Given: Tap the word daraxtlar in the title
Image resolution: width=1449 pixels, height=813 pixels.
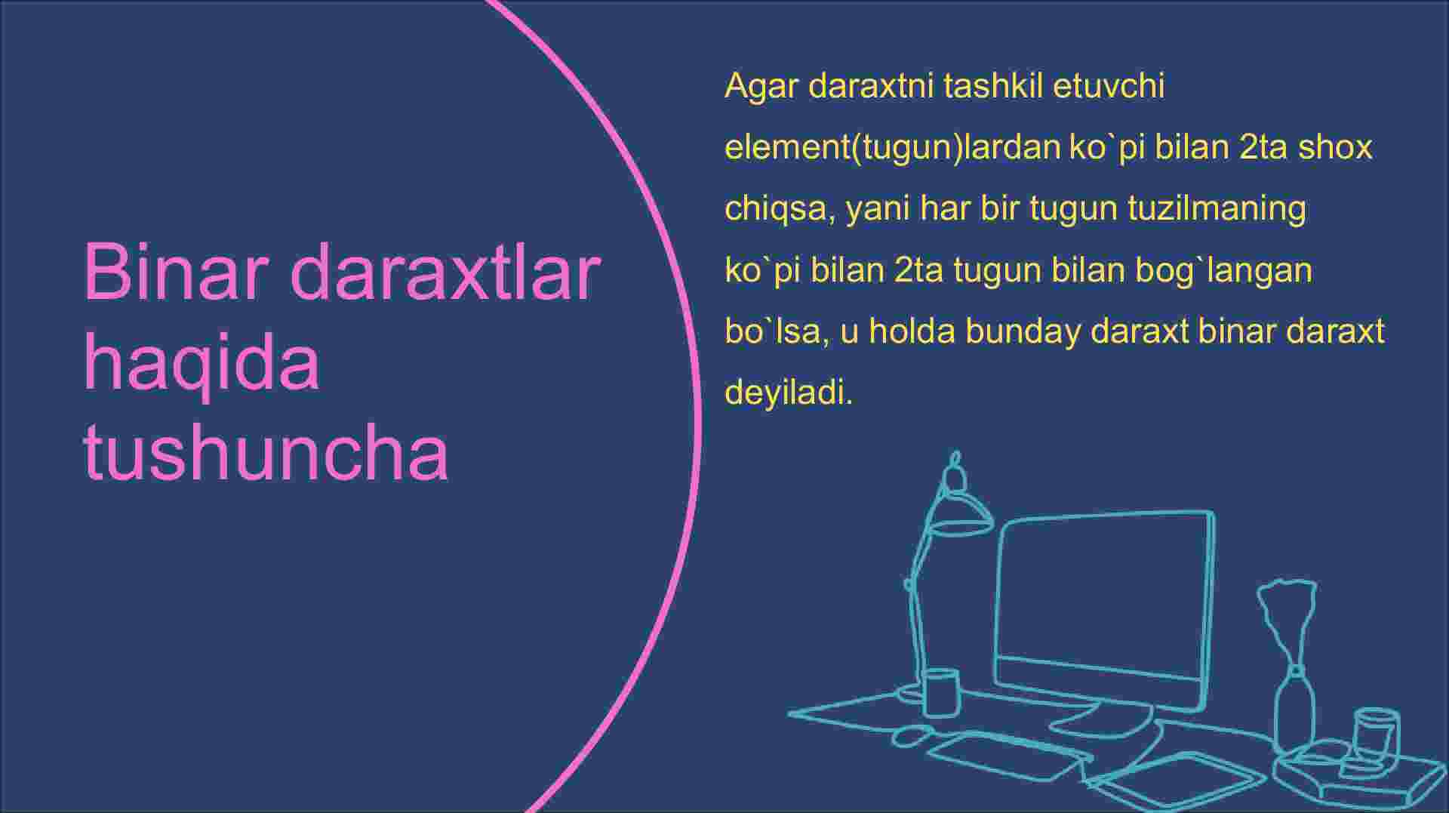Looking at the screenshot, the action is pyautogui.click(x=445, y=271).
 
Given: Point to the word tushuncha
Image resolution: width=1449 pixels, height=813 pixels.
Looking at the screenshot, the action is pyautogui.click(x=266, y=452).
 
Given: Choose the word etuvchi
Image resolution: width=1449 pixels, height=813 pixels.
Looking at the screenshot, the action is pyautogui.click(x=1109, y=86).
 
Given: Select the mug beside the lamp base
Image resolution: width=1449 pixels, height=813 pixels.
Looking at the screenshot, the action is pyautogui.click(x=940, y=692).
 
